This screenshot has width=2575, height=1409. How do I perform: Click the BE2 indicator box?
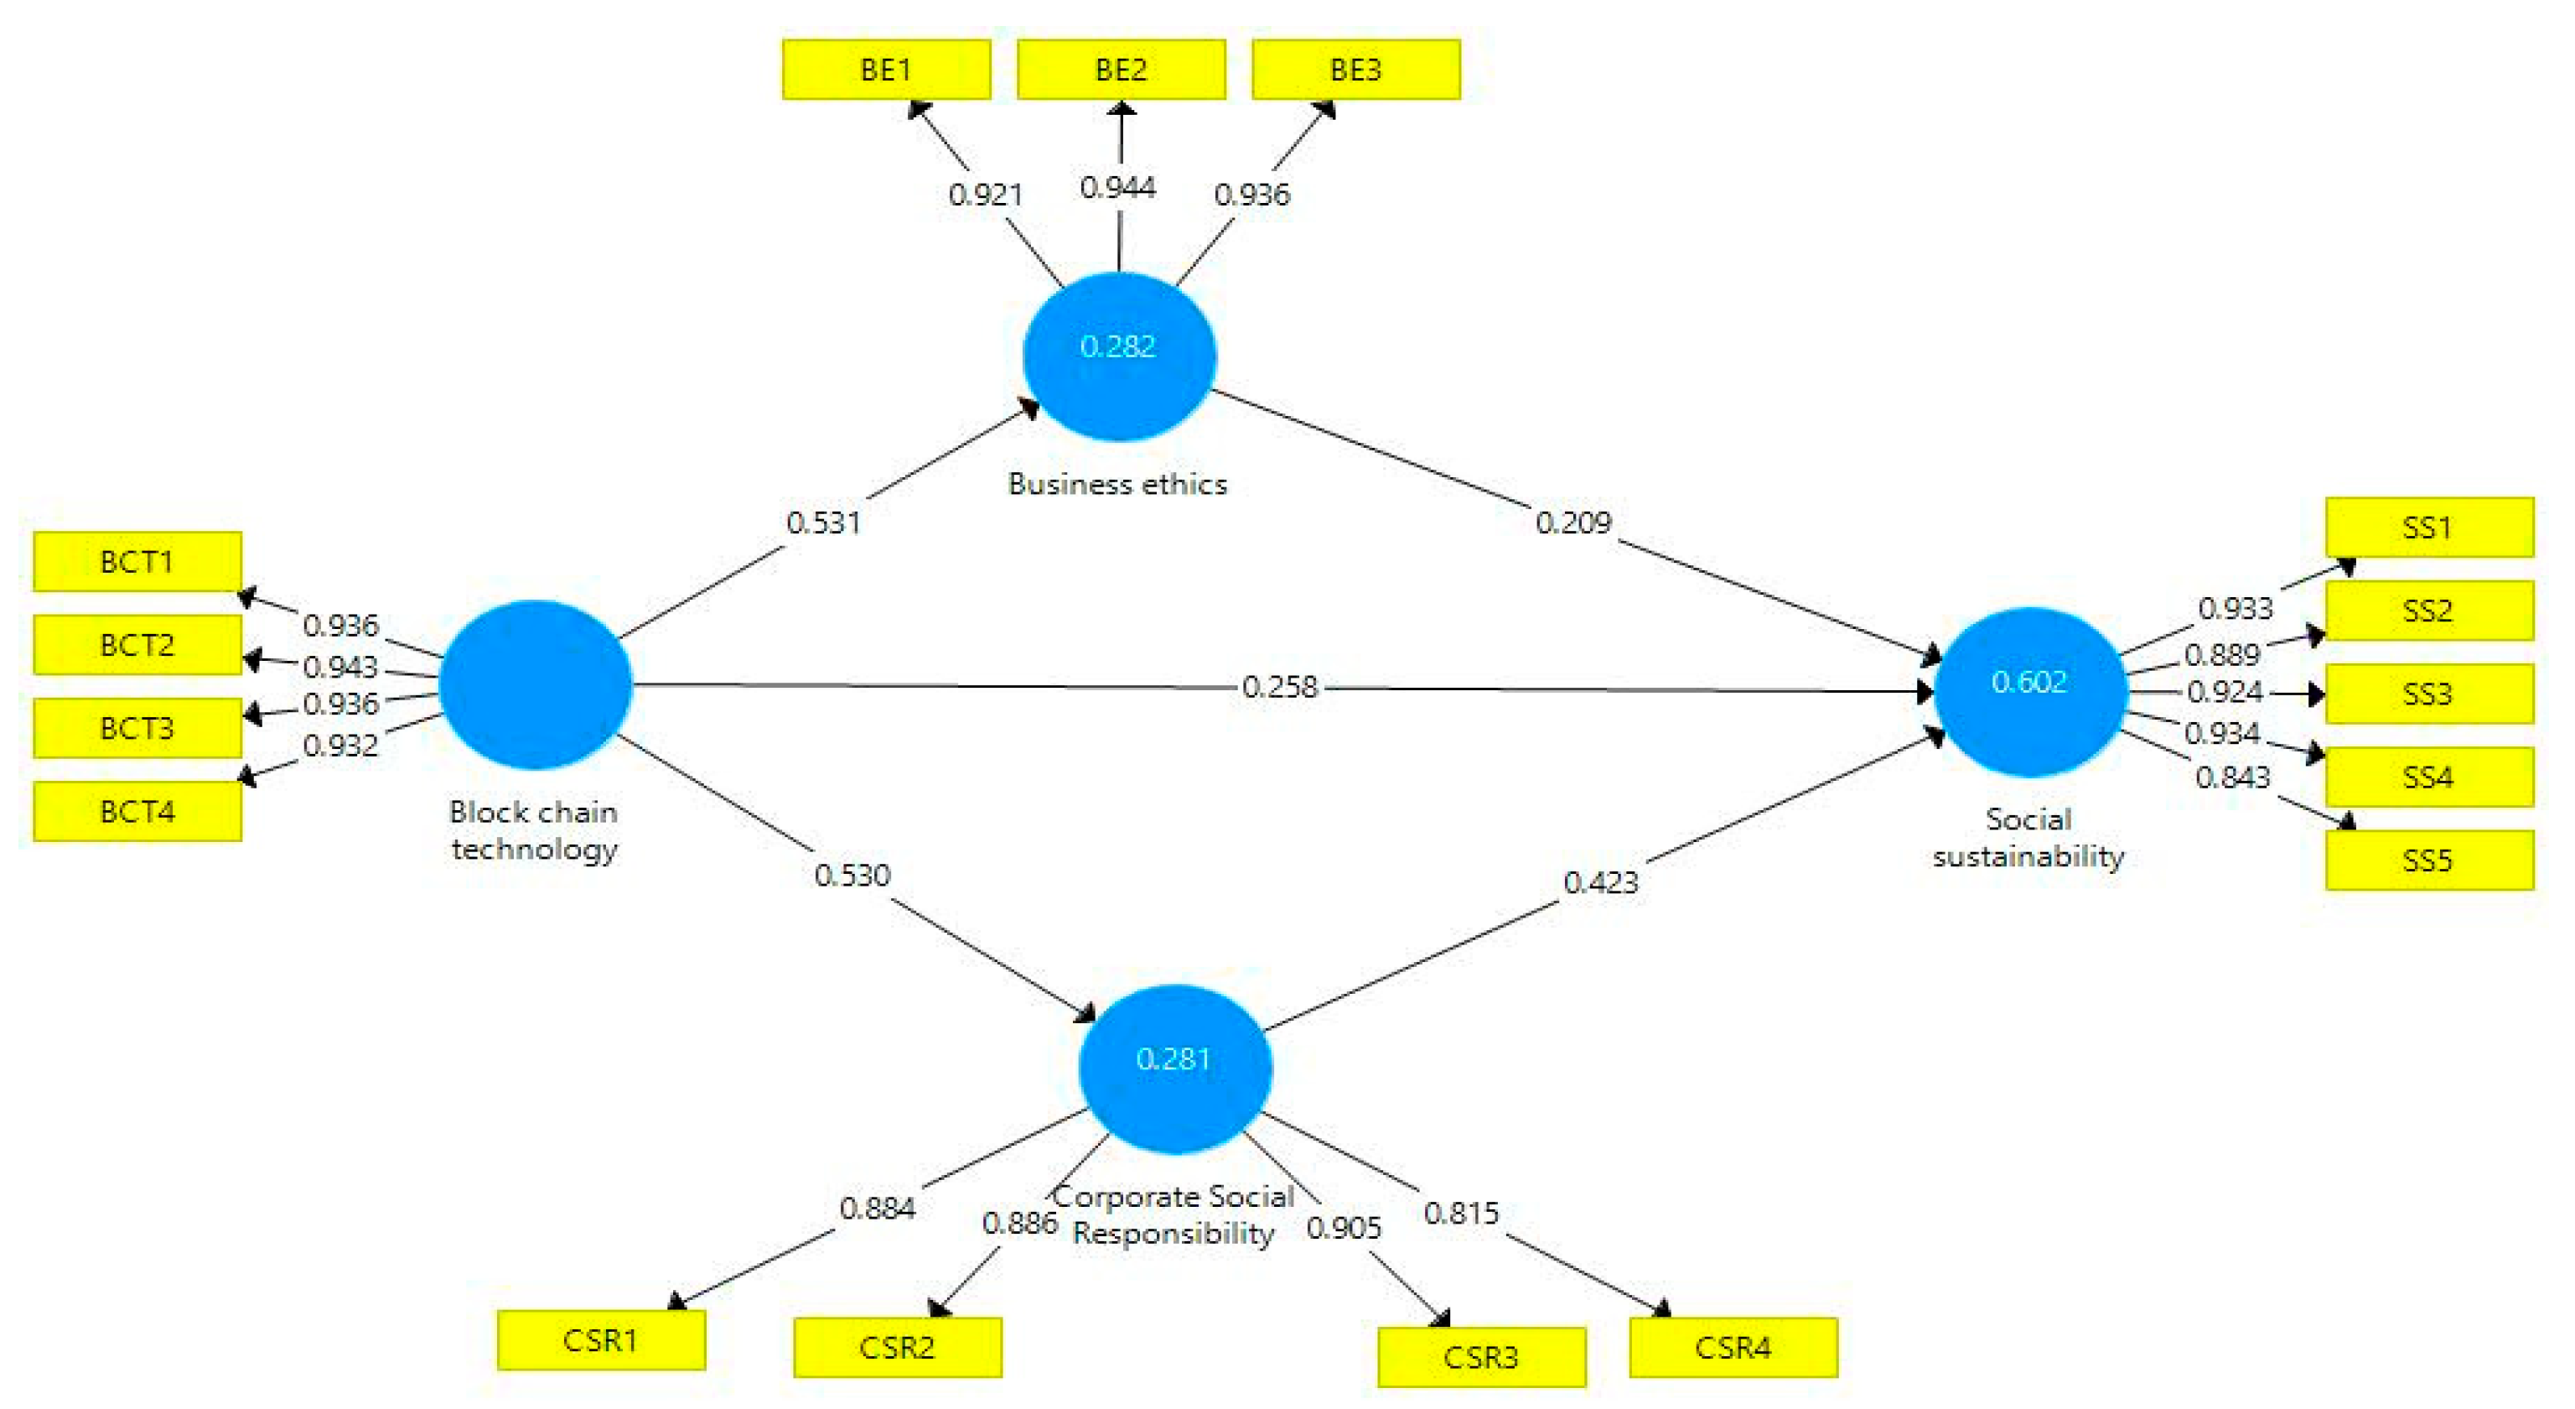(x=1121, y=70)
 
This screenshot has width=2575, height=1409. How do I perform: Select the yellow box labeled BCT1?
(x=137, y=562)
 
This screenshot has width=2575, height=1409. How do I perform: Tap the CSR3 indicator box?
(x=1480, y=1357)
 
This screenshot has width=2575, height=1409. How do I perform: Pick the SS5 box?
(x=2428, y=860)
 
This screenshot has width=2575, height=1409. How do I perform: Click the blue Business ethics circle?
(x=1118, y=356)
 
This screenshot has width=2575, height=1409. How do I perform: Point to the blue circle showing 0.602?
(x=2029, y=691)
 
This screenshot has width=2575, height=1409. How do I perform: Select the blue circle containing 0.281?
(x=1174, y=1068)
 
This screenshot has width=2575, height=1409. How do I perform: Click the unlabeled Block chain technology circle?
(x=535, y=685)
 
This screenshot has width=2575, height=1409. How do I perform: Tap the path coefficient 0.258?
(x=1279, y=687)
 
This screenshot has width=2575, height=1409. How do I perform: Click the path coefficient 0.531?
(x=822, y=522)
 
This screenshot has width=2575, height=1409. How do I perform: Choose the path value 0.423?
(x=1600, y=882)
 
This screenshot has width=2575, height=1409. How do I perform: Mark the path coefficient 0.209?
(x=1573, y=522)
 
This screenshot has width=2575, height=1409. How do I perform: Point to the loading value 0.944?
(x=1117, y=187)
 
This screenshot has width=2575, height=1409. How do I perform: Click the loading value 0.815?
(x=1460, y=1213)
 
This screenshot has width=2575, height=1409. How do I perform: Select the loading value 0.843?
(x=2232, y=777)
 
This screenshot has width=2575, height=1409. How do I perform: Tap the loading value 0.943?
(x=339, y=666)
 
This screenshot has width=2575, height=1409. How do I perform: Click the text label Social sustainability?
(x=2028, y=838)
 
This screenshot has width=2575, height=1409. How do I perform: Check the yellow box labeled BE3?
(x=1355, y=70)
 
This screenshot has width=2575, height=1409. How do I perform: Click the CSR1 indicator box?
(x=601, y=1340)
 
